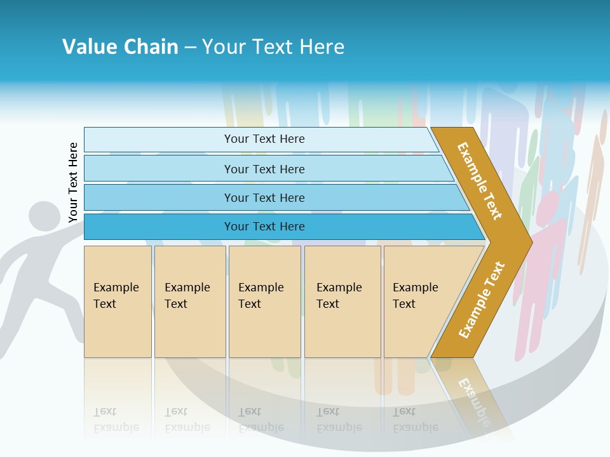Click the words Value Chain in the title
[120, 46]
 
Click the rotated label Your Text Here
[74, 182]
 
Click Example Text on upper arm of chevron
[480, 181]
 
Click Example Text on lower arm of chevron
[482, 300]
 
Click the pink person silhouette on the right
[544, 254]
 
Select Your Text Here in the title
[273, 46]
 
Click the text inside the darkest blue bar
[264, 227]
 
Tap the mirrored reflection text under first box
[116, 420]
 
